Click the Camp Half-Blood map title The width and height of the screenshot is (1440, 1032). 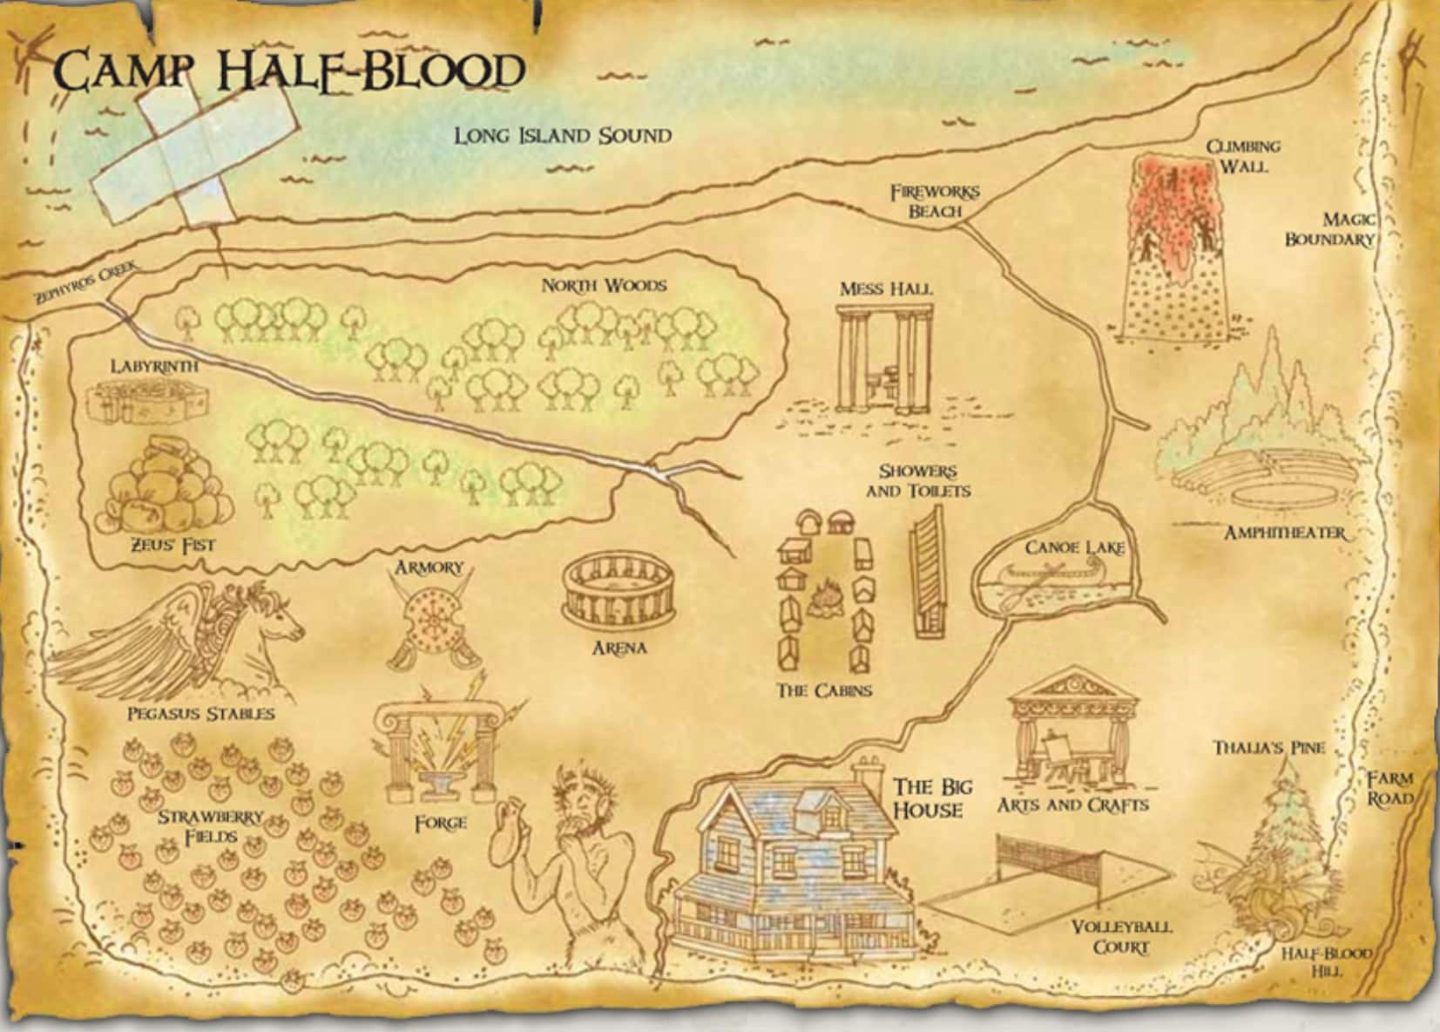coord(291,70)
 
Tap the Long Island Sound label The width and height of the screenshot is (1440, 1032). coord(563,136)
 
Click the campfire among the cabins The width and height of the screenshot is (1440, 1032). coord(822,599)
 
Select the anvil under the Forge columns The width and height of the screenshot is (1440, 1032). coord(440,781)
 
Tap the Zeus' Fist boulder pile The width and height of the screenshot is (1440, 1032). coord(166,488)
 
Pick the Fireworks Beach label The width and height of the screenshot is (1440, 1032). coord(934,201)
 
